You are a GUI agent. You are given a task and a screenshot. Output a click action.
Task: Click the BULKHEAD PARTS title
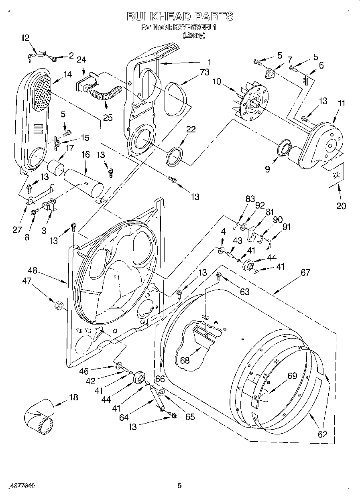(180, 16)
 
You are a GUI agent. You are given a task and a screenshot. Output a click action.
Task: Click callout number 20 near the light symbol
(341, 206)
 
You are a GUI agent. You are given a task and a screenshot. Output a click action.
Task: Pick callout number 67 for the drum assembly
(305, 272)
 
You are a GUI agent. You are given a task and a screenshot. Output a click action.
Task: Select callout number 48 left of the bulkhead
(33, 270)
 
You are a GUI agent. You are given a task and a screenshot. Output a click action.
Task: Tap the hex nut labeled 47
(57, 306)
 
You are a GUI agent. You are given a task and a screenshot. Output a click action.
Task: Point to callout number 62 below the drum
(322, 434)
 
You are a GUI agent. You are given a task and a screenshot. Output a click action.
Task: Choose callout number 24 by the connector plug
(81, 60)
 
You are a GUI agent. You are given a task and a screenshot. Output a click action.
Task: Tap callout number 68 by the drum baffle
(185, 361)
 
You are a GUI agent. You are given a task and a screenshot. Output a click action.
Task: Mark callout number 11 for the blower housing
(342, 103)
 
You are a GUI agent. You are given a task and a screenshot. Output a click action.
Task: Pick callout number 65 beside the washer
(189, 417)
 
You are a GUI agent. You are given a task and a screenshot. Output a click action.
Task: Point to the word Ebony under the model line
(194, 35)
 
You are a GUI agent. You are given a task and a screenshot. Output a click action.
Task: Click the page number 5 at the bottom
(180, 486)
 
